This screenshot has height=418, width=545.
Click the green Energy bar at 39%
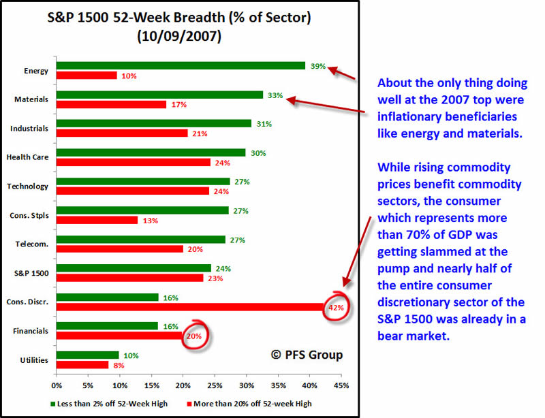point(181,66)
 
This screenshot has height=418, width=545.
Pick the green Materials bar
point(159,95)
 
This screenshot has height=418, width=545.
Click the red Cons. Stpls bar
point(97,220)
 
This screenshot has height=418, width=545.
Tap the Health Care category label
point(27,157)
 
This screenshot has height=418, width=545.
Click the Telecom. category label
point(31,244)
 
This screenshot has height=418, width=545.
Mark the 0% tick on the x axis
point(57,386)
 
